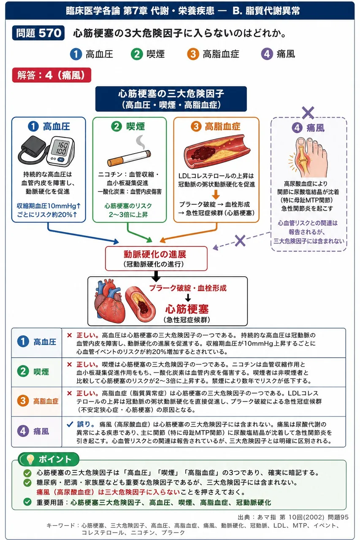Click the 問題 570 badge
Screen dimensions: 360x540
point(38,33)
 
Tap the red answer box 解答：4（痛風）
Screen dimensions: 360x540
point(51,75)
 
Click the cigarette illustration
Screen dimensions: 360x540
point(129,158)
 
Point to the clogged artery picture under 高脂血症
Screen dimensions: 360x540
point(217,151)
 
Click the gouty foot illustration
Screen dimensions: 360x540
point(308,157)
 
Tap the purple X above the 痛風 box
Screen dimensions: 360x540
point(308,113)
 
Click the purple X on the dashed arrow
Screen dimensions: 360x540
point(240,240)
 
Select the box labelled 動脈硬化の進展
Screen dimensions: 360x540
point(156,259)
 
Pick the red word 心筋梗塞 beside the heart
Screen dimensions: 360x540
point(187,309)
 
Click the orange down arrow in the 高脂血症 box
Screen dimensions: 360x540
point(216,194)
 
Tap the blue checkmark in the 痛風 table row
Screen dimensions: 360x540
point(70,424)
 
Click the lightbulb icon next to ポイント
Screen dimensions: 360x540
point(30,459)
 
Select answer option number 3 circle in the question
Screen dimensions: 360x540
point(193,54)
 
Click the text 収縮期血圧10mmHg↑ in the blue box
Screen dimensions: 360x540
point(49,206)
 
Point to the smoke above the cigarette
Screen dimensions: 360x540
point(141,142)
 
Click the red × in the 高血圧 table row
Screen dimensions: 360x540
point(70,335)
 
